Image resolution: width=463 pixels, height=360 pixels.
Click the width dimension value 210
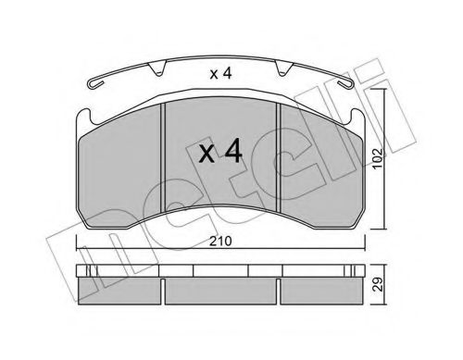(x=220, y=242)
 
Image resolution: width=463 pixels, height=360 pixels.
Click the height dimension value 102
(x=377, y=159)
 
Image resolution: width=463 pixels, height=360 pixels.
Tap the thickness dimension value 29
(x=377, y=284)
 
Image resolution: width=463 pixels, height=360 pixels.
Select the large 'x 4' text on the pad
(x=220, y=151)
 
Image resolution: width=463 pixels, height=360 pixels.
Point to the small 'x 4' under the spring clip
(x=220, y=74)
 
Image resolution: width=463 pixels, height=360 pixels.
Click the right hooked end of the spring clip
(x=344, y=84)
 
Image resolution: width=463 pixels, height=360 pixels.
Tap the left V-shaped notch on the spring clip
(x=157, y=68)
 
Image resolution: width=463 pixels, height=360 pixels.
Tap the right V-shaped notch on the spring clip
(x=282, y=68)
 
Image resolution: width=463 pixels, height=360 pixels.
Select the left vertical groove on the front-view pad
(x=163, y=157)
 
